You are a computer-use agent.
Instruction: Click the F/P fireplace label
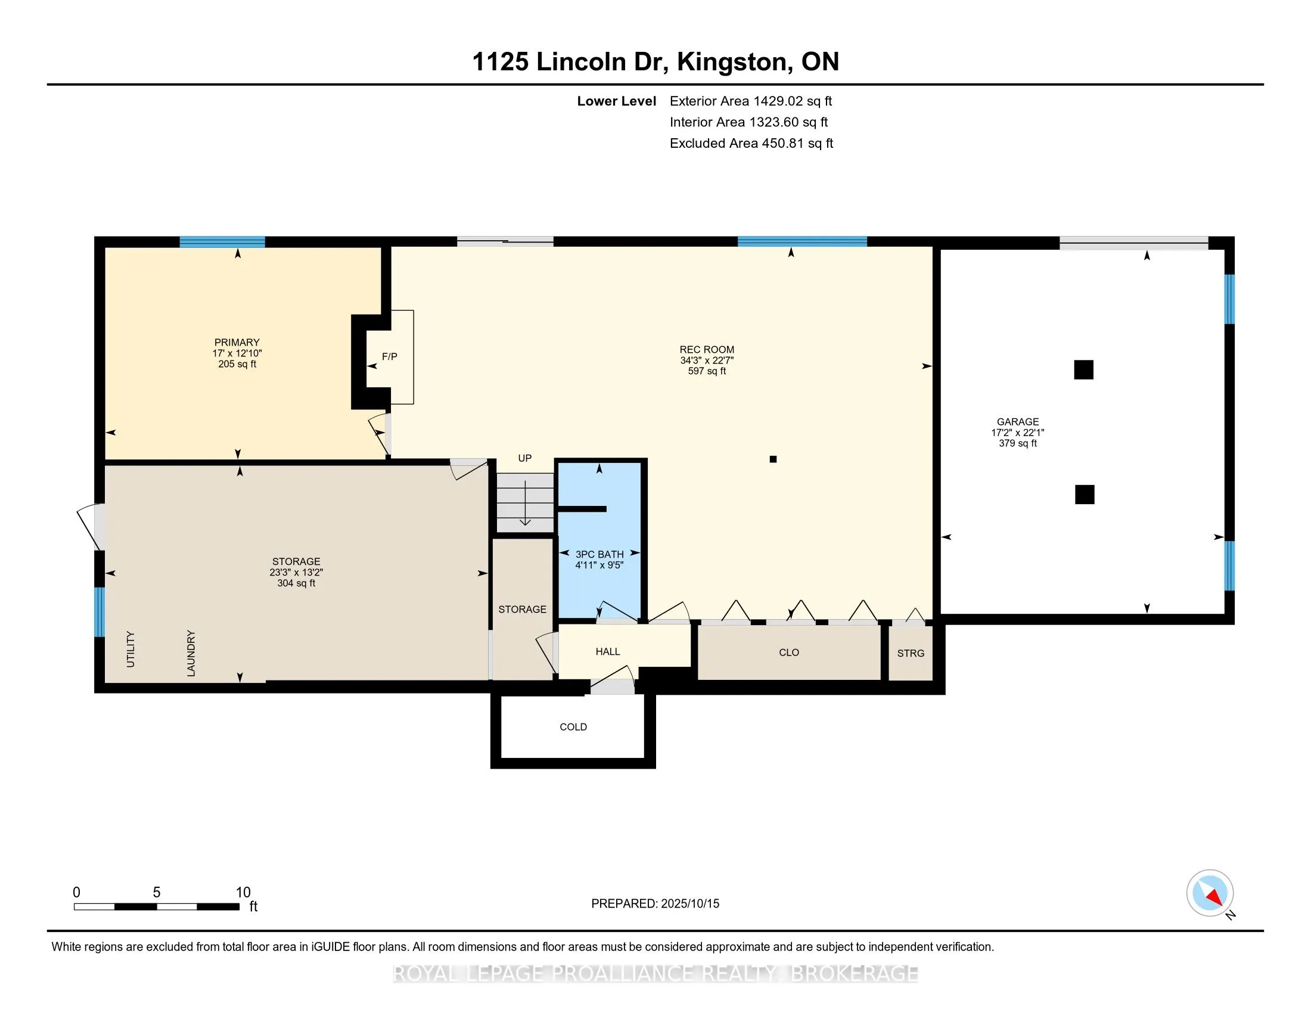tap(390, 356)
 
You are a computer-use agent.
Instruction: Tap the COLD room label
tap(573, 727)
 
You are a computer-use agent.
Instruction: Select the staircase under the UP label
tap(525, 502)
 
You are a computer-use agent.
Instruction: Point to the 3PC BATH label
tap(599, 555)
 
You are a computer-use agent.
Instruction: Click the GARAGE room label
tap(1018, 422)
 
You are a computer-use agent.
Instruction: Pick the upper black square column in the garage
tap(1083, 369)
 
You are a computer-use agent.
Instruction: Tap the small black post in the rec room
tap(773, 459)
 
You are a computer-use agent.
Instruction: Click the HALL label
tap(608, 652)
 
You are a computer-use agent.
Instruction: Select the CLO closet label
tap(789, 652)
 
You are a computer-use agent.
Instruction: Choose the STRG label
tap(911, 653)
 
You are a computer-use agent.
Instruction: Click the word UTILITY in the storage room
tap(131, 650)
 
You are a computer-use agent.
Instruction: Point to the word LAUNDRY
tap(191, 653)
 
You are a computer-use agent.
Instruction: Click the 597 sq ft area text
tap(707, 371)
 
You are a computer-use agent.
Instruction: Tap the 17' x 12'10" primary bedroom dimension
tap(237, 353)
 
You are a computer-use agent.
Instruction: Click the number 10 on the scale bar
tap(243, 893)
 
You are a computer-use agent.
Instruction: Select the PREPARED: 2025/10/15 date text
tap(655, 904)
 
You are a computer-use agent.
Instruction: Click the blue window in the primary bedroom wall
tap(222, 242)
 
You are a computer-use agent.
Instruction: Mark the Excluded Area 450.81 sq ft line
tap(751, 144)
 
